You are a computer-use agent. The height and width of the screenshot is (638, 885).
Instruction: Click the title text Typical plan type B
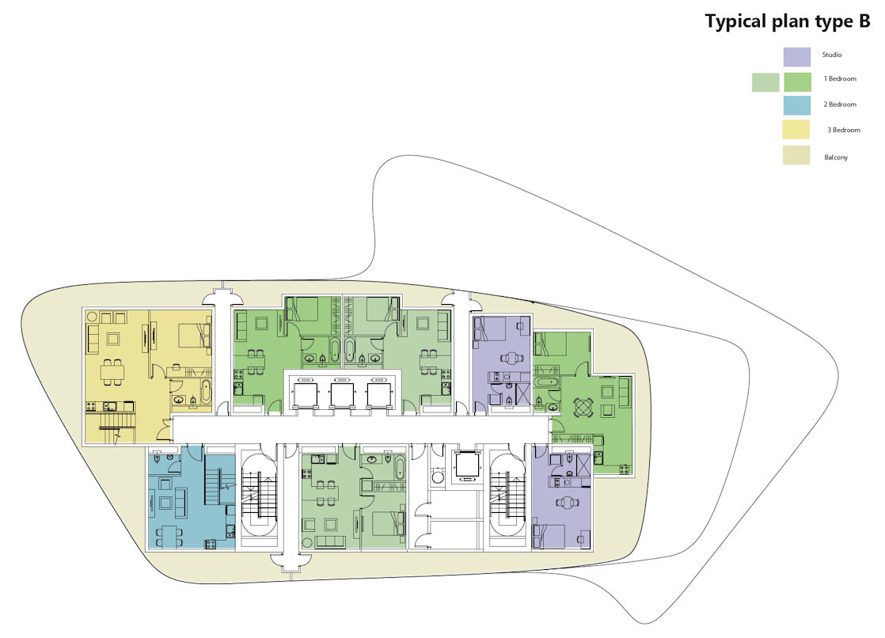coord(788,21)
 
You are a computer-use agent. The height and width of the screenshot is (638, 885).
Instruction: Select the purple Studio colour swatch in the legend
coord(797,56)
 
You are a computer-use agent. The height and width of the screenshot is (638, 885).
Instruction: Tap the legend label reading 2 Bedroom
coord(840,104)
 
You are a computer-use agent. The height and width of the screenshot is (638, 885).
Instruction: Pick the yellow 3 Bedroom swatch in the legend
coord(796,129)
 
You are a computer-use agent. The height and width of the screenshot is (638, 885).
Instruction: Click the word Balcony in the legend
coord(836,158)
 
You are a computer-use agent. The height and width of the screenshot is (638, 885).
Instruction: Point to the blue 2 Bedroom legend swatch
coord(797,105)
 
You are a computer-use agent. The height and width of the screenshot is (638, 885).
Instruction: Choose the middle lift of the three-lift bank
coord(342,395)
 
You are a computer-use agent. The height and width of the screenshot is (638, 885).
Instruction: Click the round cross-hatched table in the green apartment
coord(583,407)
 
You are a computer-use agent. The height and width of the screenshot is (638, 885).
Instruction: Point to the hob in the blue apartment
coord(211,544)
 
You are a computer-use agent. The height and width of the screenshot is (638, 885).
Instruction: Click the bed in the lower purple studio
coord(549,535)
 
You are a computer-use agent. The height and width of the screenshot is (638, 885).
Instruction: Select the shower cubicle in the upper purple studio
coord(523,394)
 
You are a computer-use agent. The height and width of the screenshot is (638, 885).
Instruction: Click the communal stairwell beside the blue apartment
coord(259,497)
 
